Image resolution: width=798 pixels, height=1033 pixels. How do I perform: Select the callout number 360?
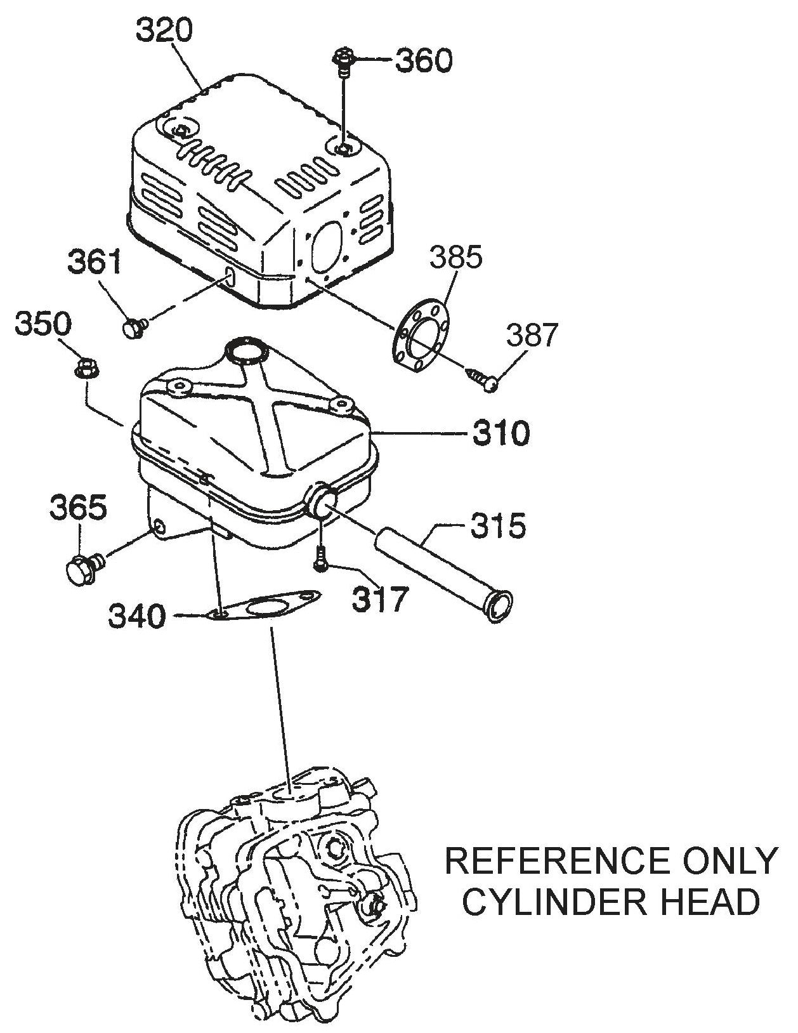point(423,61)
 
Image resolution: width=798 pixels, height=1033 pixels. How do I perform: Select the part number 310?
point(500,434)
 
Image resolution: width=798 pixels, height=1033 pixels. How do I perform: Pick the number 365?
point(79,510)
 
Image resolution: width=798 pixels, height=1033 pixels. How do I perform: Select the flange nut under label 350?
point(84,367)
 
